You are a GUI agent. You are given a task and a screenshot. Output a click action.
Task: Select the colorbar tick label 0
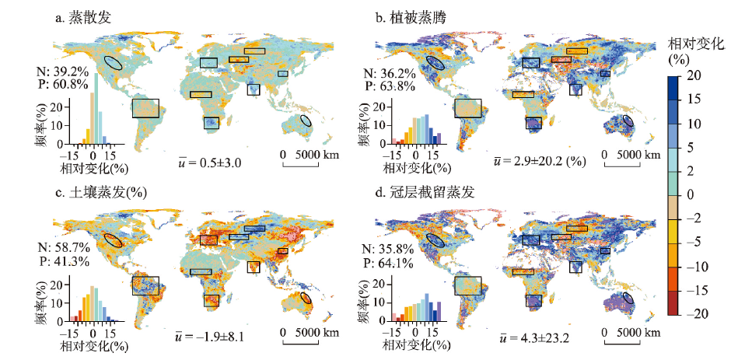[690, 194]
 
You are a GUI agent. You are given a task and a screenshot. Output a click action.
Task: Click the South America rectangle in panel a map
[145, 107]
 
